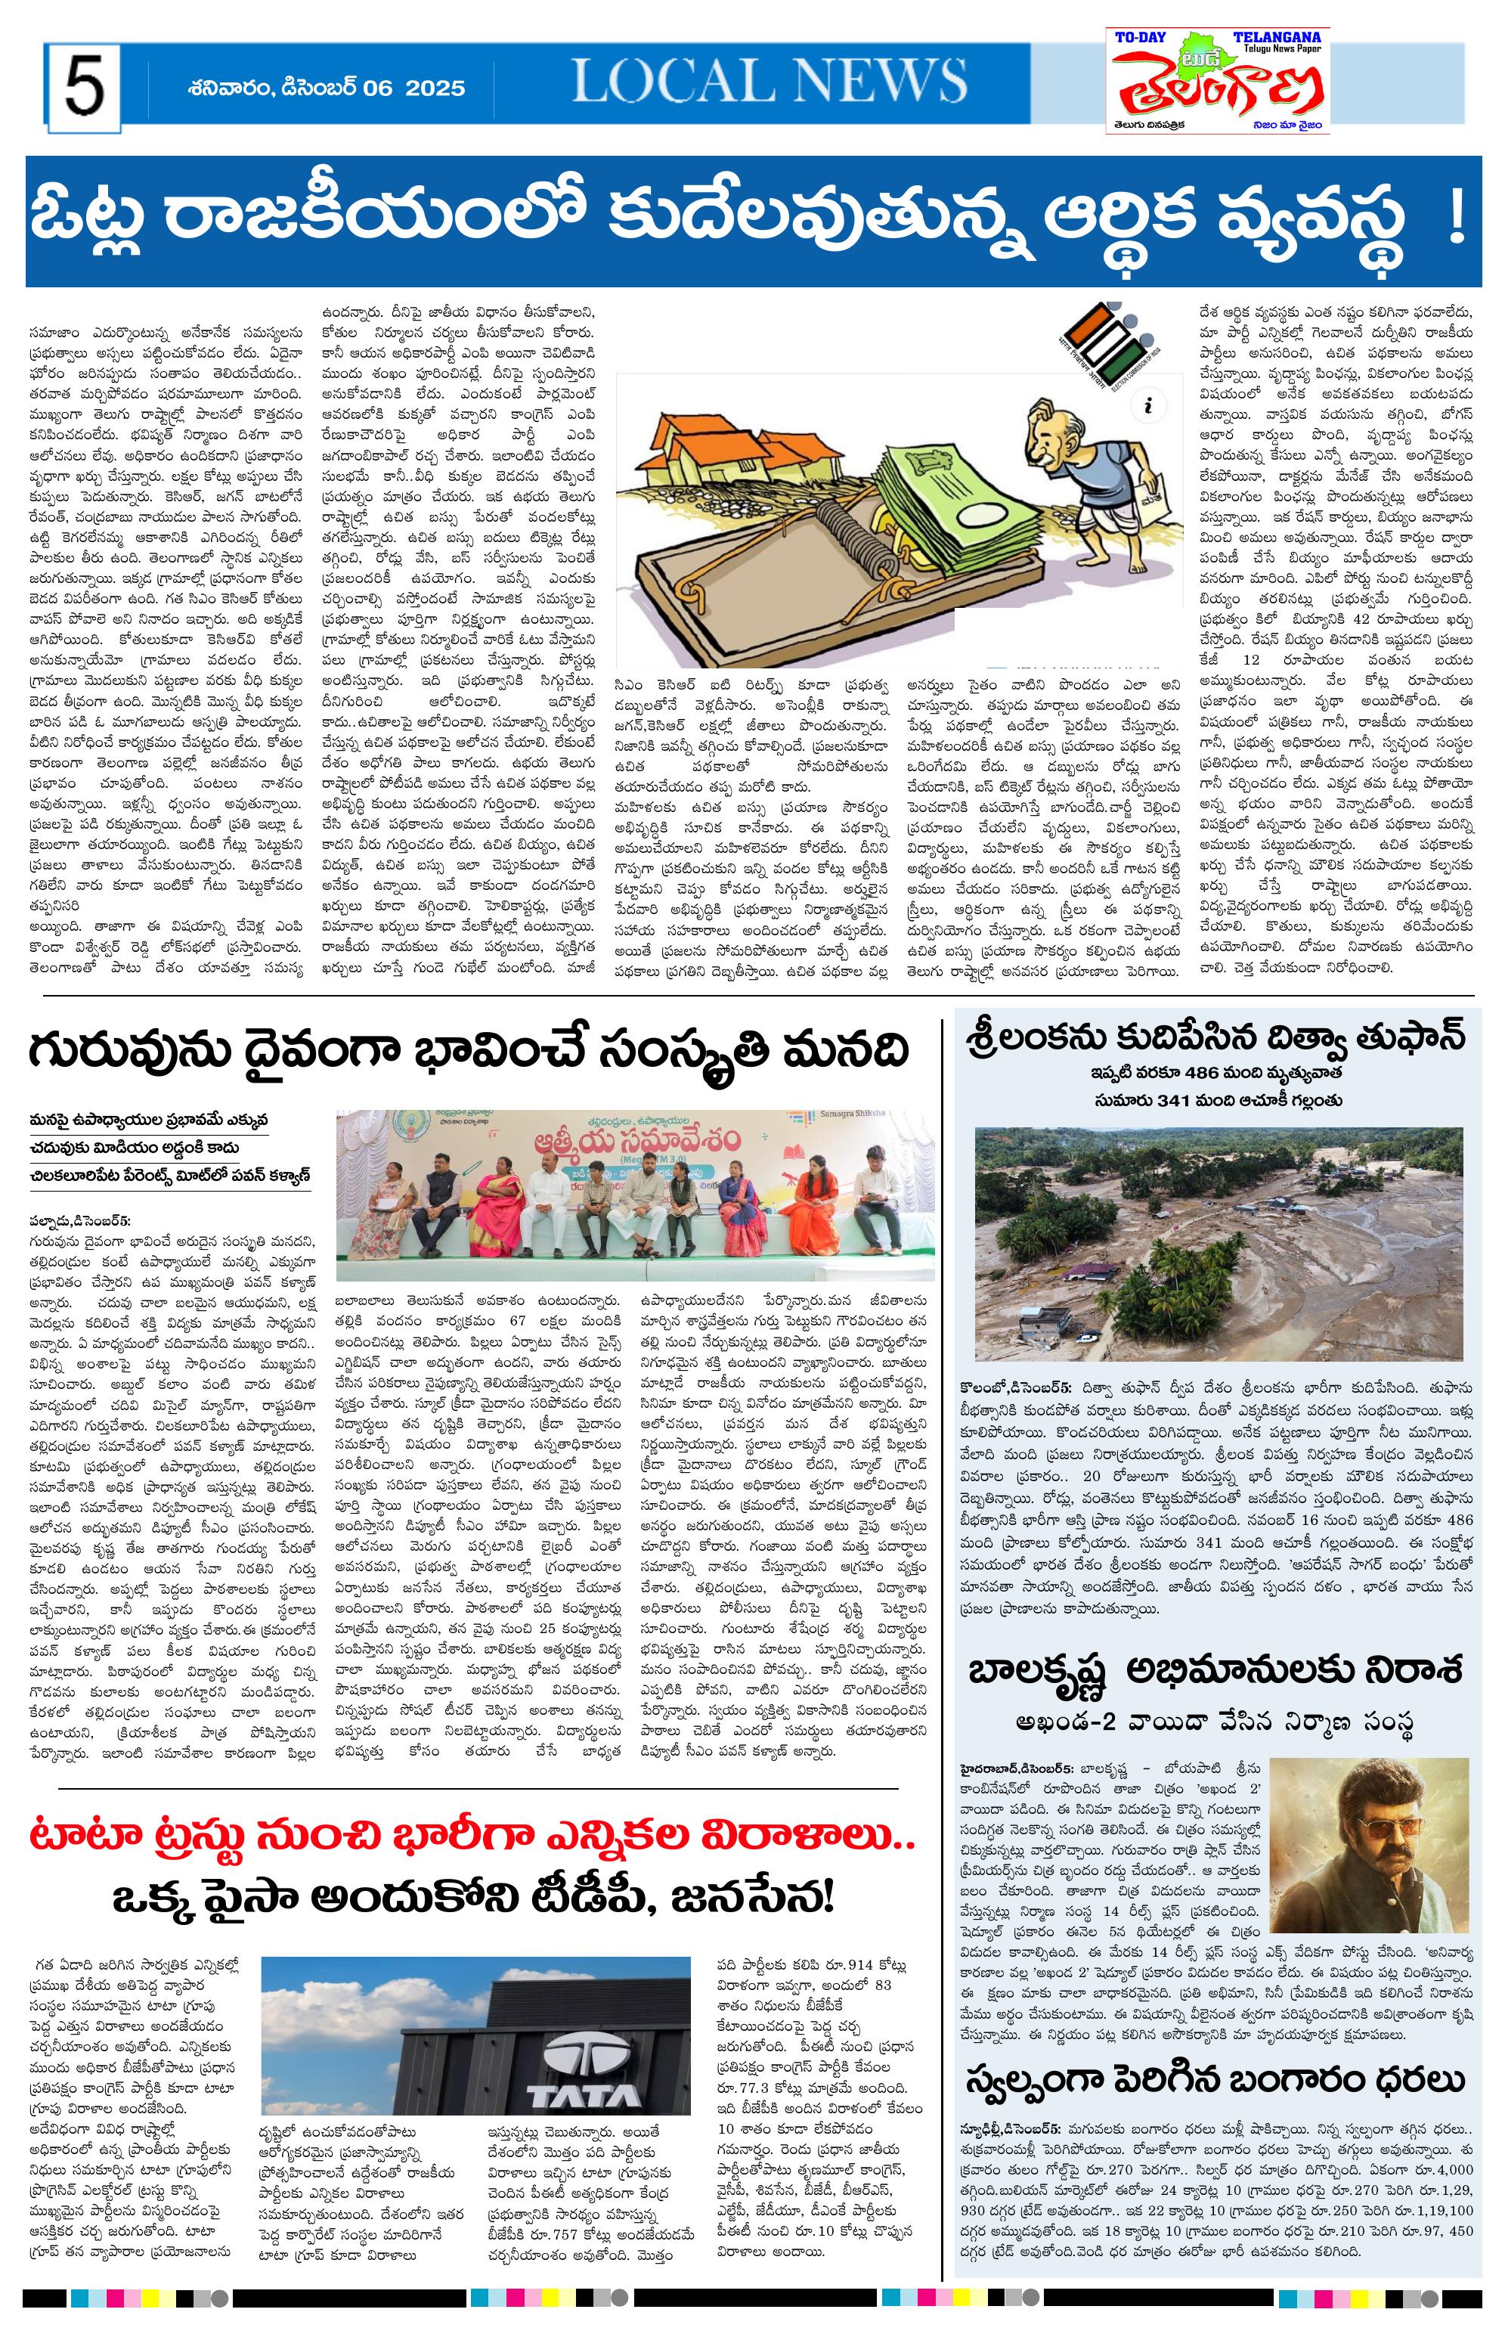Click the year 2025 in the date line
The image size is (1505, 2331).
coord(434,88)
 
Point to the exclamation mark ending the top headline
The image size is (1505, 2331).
coord(1457,221)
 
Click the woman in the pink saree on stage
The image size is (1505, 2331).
coord(501,1199)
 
